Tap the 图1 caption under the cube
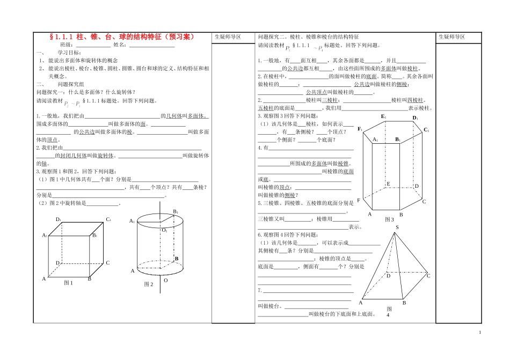click(68, 283)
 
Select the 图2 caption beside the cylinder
click(149, 284)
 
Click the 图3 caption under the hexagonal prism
click(389, 219)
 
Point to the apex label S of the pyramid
click(397, 228)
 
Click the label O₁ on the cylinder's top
click(165, 230)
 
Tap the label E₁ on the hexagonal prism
click(383, 116)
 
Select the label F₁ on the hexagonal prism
click(360, 129)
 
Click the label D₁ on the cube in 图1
click(59, 219)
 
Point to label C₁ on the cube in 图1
click(108, 219)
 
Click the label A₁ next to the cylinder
click(132, 221)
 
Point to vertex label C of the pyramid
click(428, 276)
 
